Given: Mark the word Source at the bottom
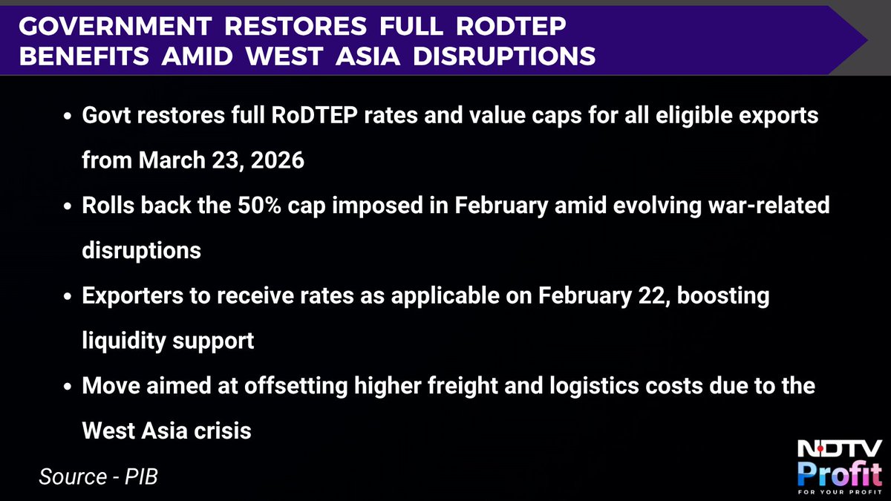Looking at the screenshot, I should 71,475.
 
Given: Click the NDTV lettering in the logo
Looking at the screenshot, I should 839,449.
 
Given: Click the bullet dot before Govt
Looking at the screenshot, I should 68,119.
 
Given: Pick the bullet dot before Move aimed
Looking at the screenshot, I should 68,387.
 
